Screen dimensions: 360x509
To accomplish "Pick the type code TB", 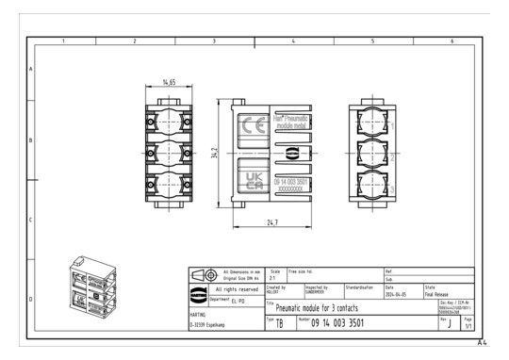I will pos(279,325).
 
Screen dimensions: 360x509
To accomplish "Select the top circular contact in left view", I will pos(168,121).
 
